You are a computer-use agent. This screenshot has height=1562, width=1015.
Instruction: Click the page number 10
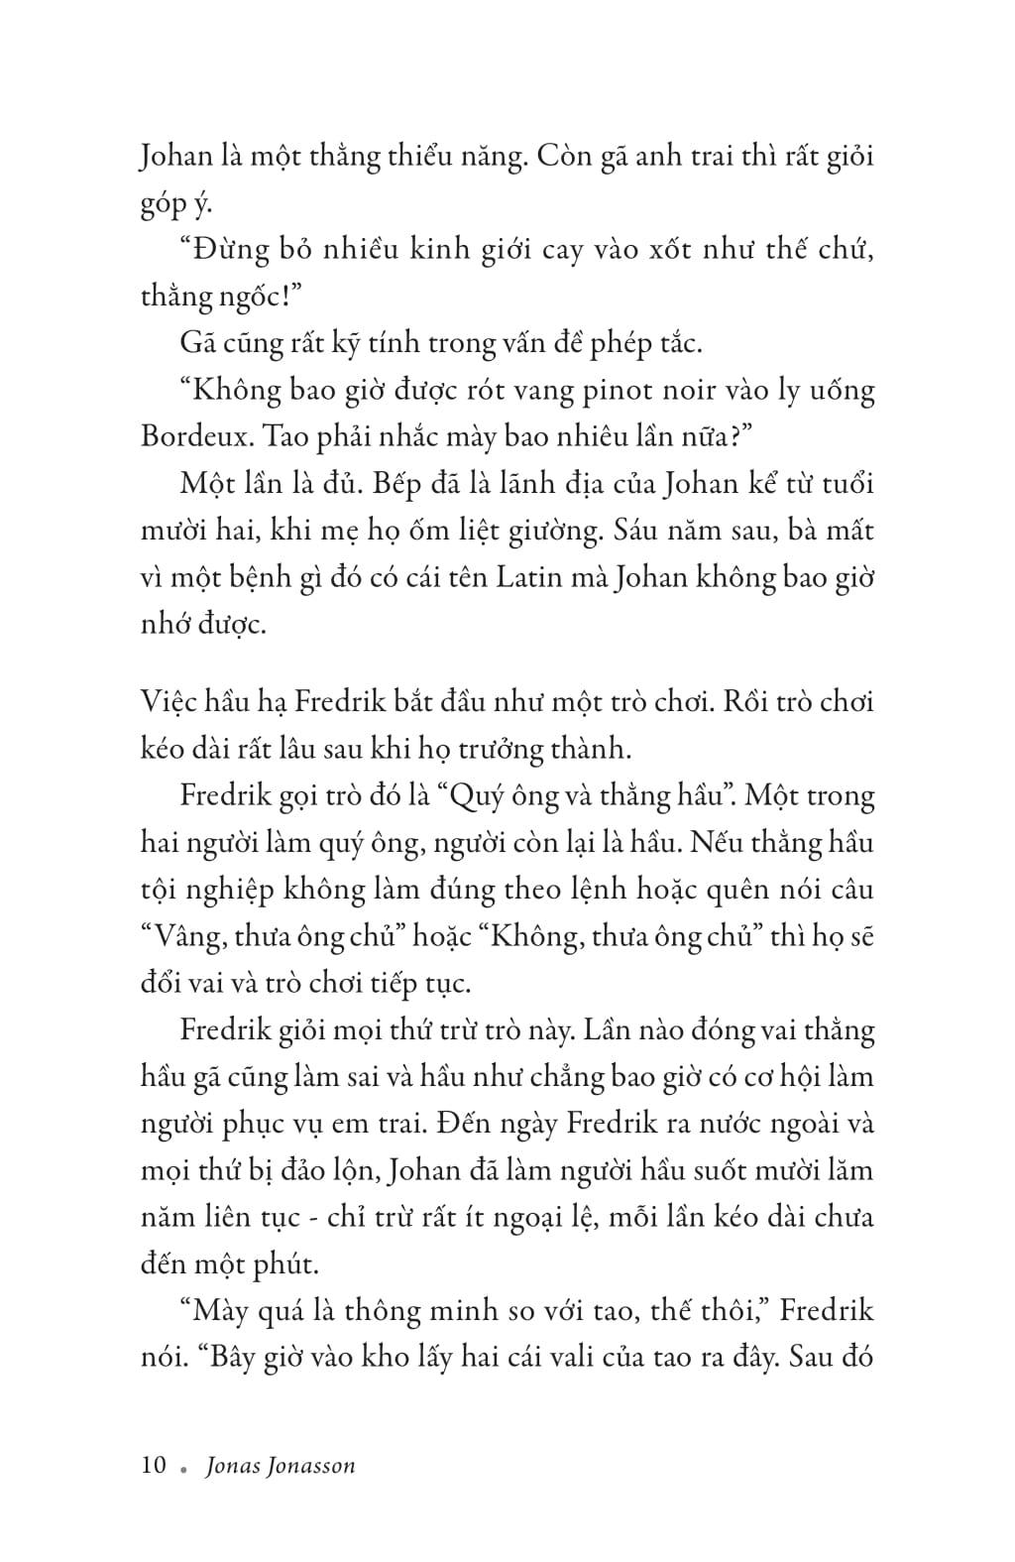tap(154, 1466)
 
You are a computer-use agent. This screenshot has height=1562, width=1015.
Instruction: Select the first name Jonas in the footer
tap(231, 1466)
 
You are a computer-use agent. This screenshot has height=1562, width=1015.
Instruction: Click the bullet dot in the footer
tap(183, 1469)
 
